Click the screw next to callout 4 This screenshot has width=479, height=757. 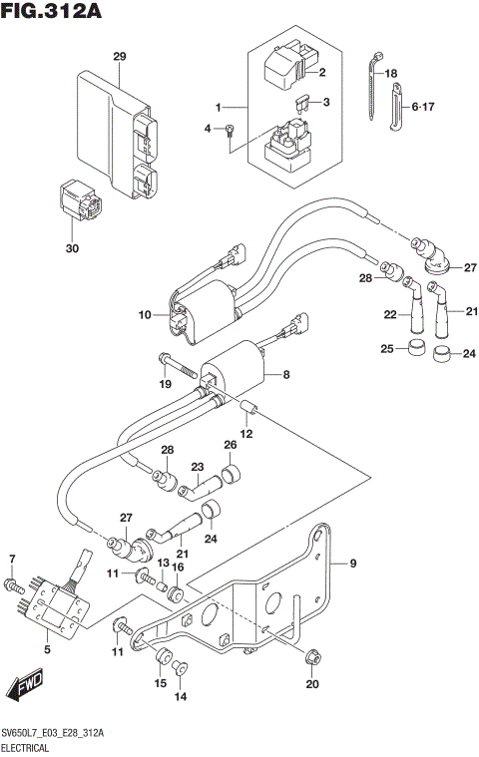230,129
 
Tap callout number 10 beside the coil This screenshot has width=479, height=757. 145,315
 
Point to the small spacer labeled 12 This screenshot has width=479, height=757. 249,407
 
